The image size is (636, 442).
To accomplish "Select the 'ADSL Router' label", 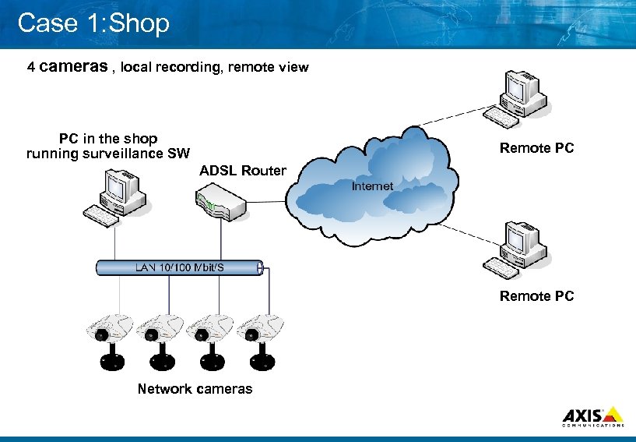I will click(x=243, y=171).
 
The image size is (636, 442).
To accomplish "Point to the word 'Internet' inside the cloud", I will click(x=372, y=186).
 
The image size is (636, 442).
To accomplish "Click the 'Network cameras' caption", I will click(x=195, y=388).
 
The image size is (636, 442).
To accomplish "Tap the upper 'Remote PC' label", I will click(x=536, y=148).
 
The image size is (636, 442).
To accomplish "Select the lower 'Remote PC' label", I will click(x=536, y=296).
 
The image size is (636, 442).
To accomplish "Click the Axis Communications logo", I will click(x=592, y=416).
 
